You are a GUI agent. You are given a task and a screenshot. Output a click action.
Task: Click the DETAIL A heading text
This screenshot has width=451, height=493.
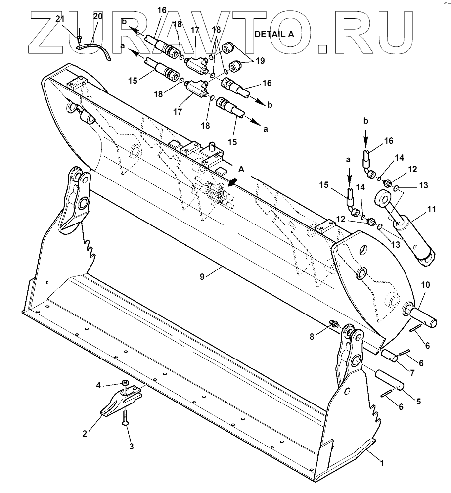273,34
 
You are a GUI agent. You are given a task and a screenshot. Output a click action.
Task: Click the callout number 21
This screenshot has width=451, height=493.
59,19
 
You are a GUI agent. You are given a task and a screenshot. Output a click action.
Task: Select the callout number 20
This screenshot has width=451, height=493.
97,16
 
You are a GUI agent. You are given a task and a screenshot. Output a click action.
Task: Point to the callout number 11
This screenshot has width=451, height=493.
431,209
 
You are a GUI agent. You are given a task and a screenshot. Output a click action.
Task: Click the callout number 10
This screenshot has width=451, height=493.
425,285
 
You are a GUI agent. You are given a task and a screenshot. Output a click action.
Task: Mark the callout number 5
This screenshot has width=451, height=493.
418,402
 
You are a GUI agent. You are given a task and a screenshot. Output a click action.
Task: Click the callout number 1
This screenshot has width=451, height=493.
381,463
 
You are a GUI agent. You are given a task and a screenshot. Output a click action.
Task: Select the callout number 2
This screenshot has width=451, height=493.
85,434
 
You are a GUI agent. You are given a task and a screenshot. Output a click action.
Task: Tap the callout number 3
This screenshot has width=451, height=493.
131,447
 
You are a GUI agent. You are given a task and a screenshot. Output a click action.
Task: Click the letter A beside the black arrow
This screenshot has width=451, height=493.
241,169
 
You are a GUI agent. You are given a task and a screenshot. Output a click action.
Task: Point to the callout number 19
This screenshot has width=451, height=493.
260,61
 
